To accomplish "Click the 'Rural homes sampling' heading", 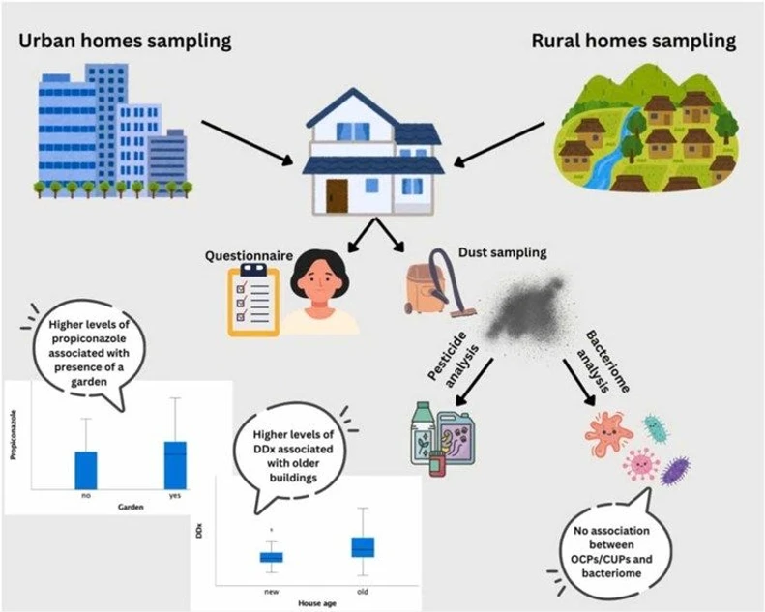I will click(x=633, y=42).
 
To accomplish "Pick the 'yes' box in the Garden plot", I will click(x=174, y=464).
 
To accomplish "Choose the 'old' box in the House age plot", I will click(x=362, y=547).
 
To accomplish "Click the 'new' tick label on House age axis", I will click(x=271, y=589).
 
